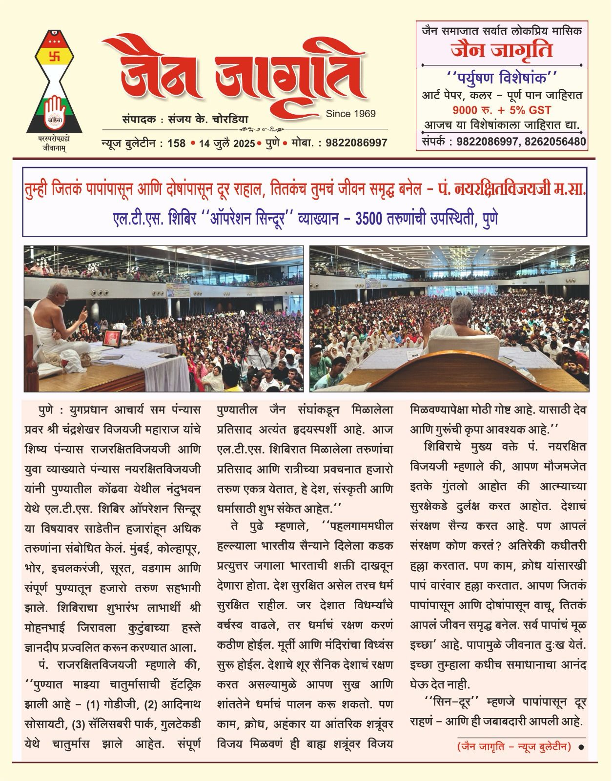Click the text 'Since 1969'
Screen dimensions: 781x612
point(350,114)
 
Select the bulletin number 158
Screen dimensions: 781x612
point(176,143)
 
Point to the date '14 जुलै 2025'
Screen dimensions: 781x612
point(226,143)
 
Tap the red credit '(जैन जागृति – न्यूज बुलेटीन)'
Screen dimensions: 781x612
point(514,747)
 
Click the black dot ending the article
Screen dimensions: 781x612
point(581,747)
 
